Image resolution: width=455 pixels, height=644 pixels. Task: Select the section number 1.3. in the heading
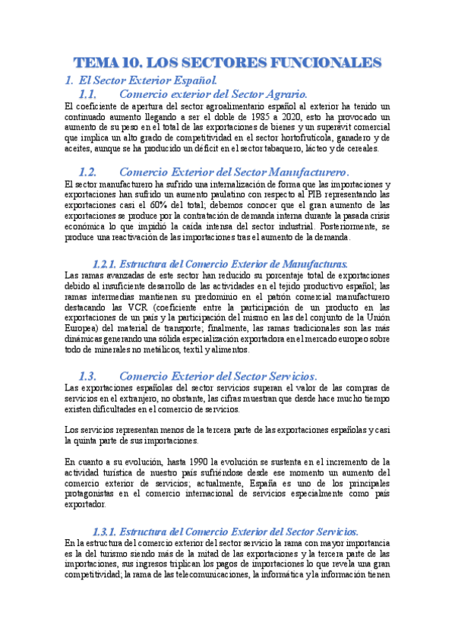(89, 377)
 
